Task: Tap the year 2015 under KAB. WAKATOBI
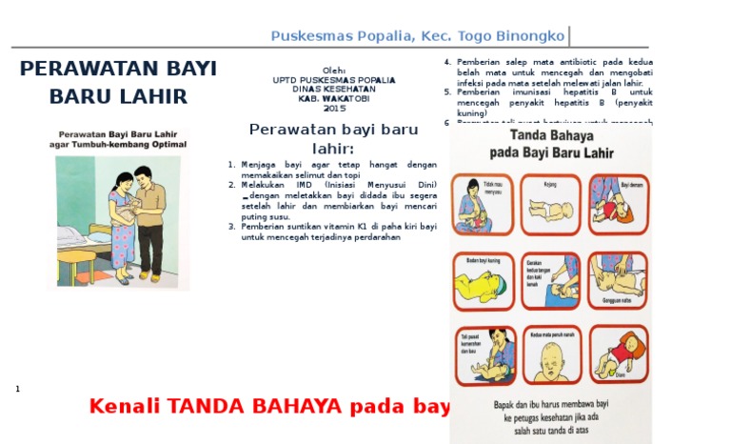click(x=334, y=109)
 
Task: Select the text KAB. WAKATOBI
click(x=334, y=99)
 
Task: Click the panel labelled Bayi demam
click(x=619, y=204)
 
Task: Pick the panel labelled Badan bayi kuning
click(x=483, y=280)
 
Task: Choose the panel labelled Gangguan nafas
click(x=619, y=280)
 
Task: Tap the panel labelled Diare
click(x=619, y=354)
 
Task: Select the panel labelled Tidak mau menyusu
click(x=483, y=204)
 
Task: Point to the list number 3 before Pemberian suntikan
click(x=231, y=227)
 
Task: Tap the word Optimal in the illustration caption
click(x=164, y=145)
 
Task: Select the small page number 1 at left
click(x=18, y=389)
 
